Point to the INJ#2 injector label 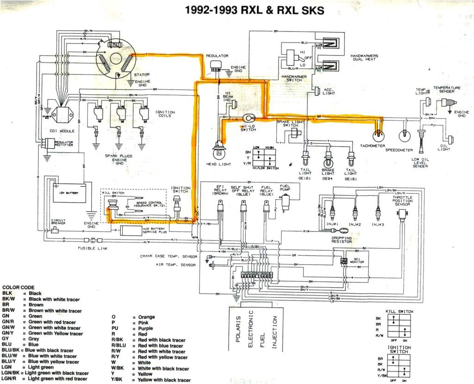click(x=355, y=224)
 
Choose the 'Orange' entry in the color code click(x=146, y=317)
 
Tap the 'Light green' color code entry click(x=41, y=367)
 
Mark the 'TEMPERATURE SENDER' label click(x=447, y=89)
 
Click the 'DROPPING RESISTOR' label click(x=341, y=240)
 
